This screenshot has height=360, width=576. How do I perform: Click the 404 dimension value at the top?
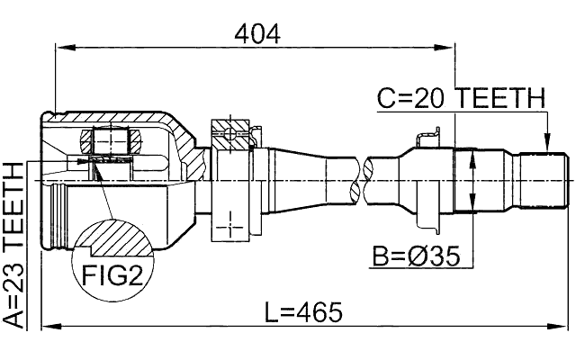click(x=256, y=33)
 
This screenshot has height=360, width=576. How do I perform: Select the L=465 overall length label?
click(x=304, y=313)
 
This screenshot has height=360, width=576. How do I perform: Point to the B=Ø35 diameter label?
click(x=416, y=256)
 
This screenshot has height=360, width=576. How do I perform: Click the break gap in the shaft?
click(x=367, y=179)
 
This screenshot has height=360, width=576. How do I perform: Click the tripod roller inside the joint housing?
click(x=113, y=141)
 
